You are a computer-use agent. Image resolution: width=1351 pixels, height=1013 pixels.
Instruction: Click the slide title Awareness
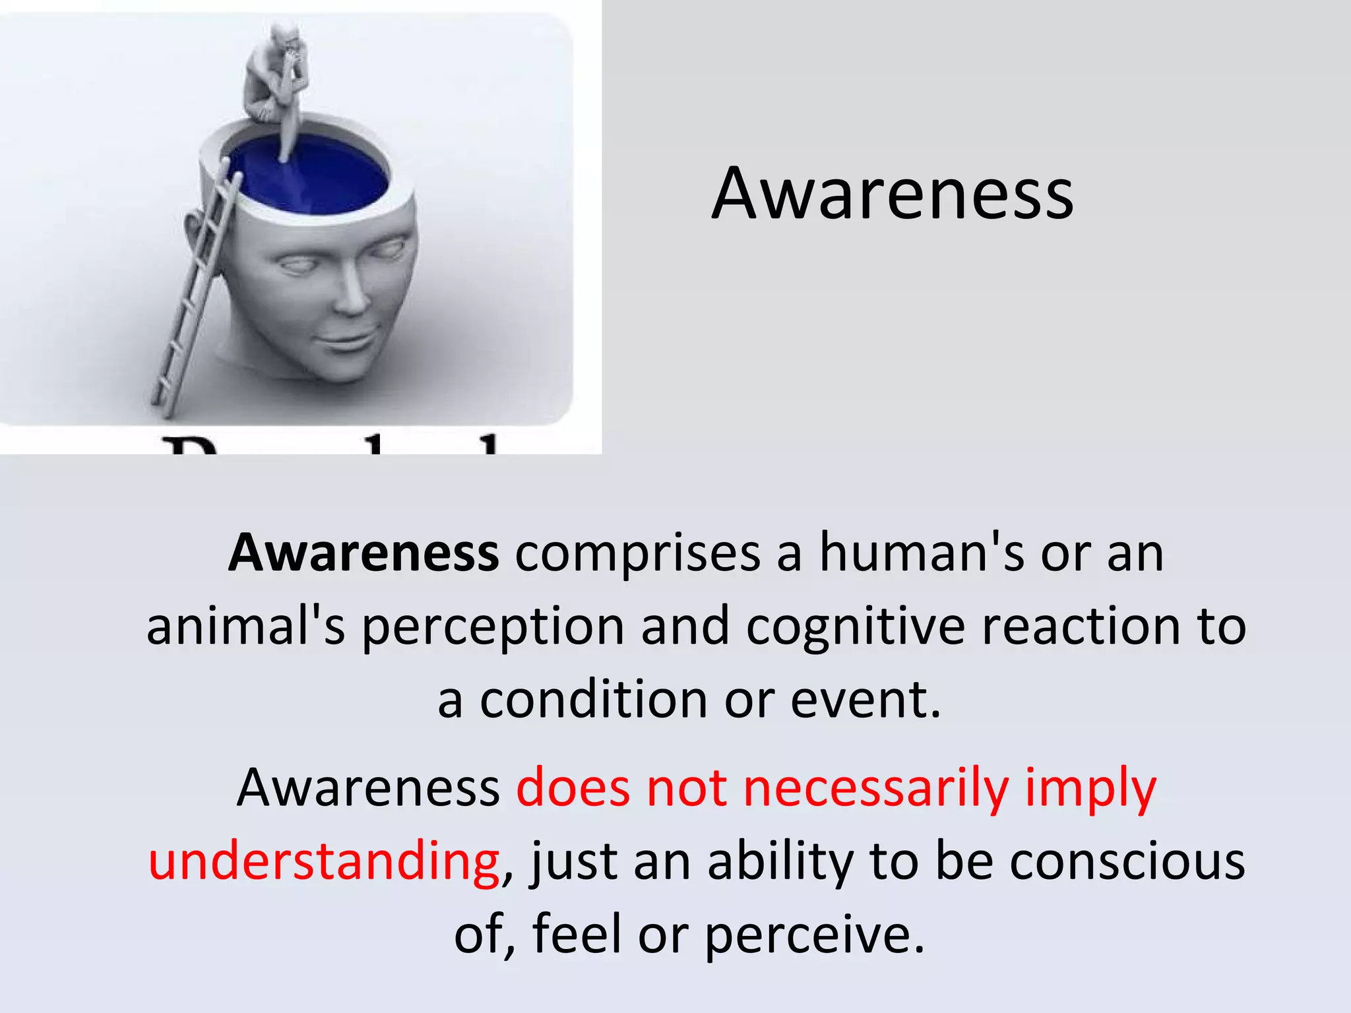coord(893,193)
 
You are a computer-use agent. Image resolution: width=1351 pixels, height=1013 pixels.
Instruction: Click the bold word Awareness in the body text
coord(363,553)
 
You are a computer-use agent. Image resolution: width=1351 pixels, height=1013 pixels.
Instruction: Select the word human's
coord(922,553)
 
